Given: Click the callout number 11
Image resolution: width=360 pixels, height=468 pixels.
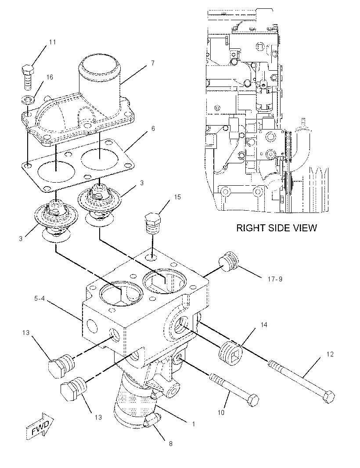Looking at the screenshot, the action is [x=52, y=42].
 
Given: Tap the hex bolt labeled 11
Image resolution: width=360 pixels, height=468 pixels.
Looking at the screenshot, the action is [x=28, y=77].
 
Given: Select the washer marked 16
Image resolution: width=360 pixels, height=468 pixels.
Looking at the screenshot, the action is [x=28, y=100].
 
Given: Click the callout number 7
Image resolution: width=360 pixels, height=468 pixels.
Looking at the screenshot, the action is [x=152, y=63].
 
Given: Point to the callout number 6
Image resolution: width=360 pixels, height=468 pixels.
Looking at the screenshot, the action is [x=153, y=128].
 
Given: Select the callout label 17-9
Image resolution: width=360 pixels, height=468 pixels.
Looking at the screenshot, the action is [x=275, y=279].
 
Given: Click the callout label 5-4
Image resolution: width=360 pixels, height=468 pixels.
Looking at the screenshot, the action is [x=40, y=298].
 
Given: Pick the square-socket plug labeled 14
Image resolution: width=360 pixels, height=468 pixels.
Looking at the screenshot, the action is [x=231, y=353].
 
